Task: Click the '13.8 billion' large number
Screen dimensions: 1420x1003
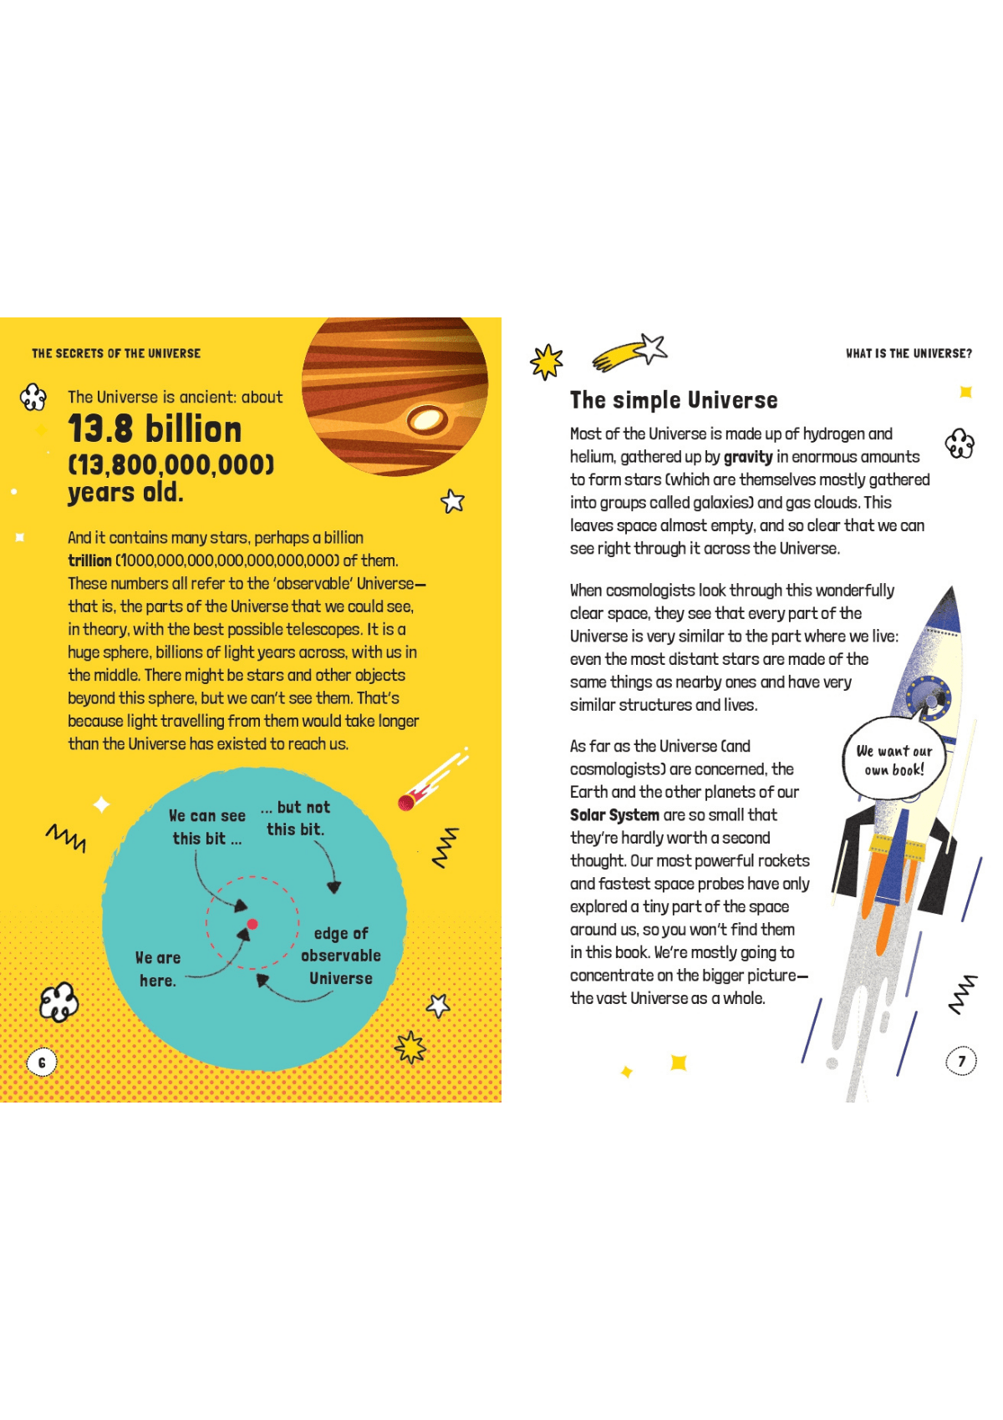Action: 155,429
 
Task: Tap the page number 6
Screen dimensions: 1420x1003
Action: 42,1062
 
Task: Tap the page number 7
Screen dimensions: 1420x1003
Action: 961,1061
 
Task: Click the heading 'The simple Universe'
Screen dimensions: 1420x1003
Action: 674,400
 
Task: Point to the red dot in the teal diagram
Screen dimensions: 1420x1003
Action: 252,924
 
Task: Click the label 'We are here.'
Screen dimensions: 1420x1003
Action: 158,969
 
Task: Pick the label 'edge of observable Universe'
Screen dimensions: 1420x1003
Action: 341,956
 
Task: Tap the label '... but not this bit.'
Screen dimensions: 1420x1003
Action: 295,819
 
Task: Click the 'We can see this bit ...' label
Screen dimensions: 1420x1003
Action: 207,827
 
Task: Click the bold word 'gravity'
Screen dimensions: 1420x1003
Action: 748,457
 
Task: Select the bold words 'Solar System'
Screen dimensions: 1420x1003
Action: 614,815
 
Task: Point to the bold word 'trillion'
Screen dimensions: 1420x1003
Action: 89,560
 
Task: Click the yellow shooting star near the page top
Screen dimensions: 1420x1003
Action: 629,352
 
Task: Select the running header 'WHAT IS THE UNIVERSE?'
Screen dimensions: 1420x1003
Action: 909,353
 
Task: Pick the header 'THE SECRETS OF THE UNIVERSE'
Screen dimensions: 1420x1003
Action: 116,353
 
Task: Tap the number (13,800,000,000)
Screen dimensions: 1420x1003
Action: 171,464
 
